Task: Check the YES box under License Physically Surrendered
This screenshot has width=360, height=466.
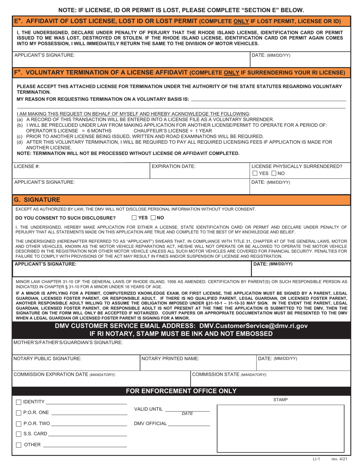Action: click(255, 174)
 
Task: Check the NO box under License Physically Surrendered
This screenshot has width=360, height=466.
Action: click(274, 174)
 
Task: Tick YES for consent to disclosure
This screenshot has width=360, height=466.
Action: click(135, 218)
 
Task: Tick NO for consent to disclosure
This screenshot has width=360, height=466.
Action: click(153, 218)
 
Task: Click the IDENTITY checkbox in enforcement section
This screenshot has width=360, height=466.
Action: click(19, 402)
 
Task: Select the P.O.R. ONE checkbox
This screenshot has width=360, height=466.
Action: click(19, 413)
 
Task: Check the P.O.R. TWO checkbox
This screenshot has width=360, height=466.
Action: click(19, 424)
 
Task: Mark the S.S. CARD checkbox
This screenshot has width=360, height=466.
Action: click(19, 434)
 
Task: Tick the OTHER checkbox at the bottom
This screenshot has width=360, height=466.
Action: click(19, 445)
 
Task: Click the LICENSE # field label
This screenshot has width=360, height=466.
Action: click(27, 166)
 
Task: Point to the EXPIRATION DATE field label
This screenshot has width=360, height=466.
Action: click(173, 166)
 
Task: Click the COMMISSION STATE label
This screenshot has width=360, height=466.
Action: click(229, 374)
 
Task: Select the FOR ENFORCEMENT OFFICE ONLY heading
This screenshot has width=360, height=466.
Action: click(181, 391)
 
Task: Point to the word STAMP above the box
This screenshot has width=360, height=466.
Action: click(280, 400)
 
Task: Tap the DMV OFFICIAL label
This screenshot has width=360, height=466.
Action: click(150, 424)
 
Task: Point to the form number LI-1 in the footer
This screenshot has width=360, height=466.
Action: click(316, 459)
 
